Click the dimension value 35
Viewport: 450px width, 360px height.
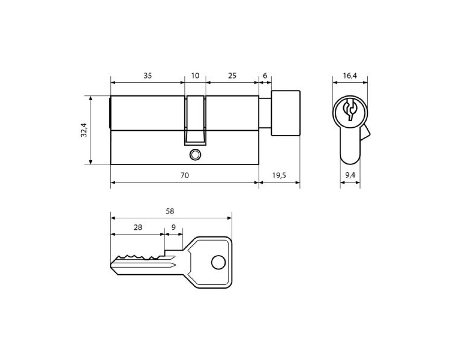147,76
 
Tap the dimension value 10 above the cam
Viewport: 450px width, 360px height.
195,76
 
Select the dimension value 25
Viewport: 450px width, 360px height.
232,76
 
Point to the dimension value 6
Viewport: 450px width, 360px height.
265,76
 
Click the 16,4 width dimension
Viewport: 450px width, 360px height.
350,76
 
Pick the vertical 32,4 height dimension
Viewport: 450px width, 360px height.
84,130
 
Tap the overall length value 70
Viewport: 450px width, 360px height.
185,175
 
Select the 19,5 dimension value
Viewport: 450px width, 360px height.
279,175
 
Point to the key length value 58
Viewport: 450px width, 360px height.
170,211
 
